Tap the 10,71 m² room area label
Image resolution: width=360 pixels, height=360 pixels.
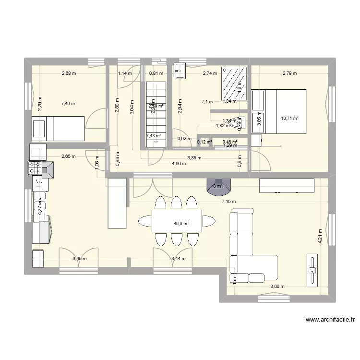coord(290,118)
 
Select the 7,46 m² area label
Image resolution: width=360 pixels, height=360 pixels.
coord(69,103)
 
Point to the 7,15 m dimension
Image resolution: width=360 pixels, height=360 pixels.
coord(228,202)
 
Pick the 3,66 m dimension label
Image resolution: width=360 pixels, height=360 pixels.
coord(277,287)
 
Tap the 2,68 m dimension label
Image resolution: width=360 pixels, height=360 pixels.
coord(69,73)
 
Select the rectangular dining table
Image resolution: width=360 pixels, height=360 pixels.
coord(177,221)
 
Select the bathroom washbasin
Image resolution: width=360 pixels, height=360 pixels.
coord(181,71)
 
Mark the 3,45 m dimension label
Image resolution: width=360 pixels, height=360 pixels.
coord(79,259)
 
